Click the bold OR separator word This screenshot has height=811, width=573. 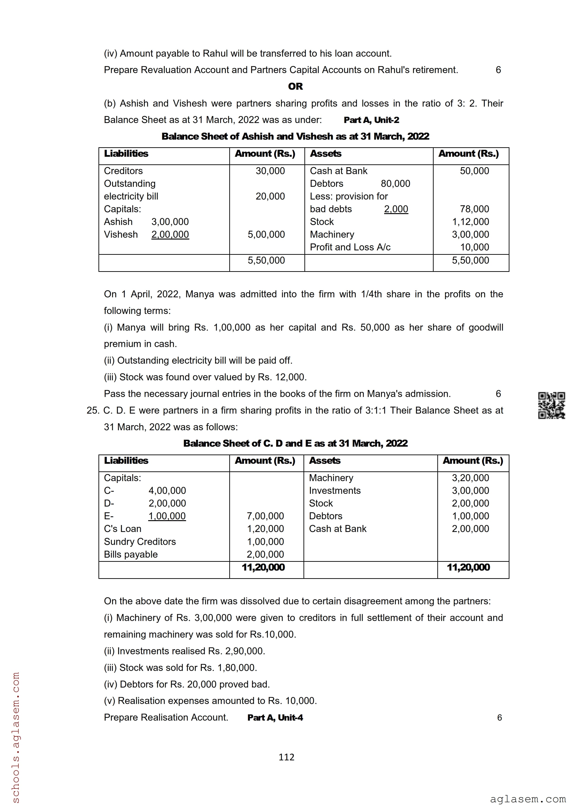point(295,86)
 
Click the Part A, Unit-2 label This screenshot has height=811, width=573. point(371,120)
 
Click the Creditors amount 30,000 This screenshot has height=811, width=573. point(270,171)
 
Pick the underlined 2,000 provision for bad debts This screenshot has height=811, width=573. point(396,209)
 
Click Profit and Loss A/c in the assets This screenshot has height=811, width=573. point(350,247)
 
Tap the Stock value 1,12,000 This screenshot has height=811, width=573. point(470,222)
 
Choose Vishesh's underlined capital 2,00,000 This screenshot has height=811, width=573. point(170,235)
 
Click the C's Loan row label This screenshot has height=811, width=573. point(123,529)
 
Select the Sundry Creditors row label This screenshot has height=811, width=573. point(140,541)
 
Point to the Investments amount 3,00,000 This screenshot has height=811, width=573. point(470,491)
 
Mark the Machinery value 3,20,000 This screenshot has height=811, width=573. point(470,478)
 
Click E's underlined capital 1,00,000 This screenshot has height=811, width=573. point(167,516)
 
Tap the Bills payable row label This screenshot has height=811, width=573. point(131,554)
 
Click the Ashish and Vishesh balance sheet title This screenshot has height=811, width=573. point(295,136)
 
